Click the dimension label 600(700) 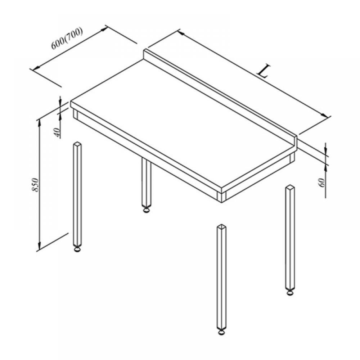(67, 39)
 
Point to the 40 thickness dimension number (57, 132)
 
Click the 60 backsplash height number (322, 183)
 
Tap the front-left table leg (78, 197)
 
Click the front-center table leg (221, 280)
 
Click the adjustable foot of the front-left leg (78, 249)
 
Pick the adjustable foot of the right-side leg (290, 292)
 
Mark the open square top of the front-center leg (221, 227)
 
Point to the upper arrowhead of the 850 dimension (40, 122)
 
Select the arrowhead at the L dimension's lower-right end (324, 115)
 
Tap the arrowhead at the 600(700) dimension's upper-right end (104, 29)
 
